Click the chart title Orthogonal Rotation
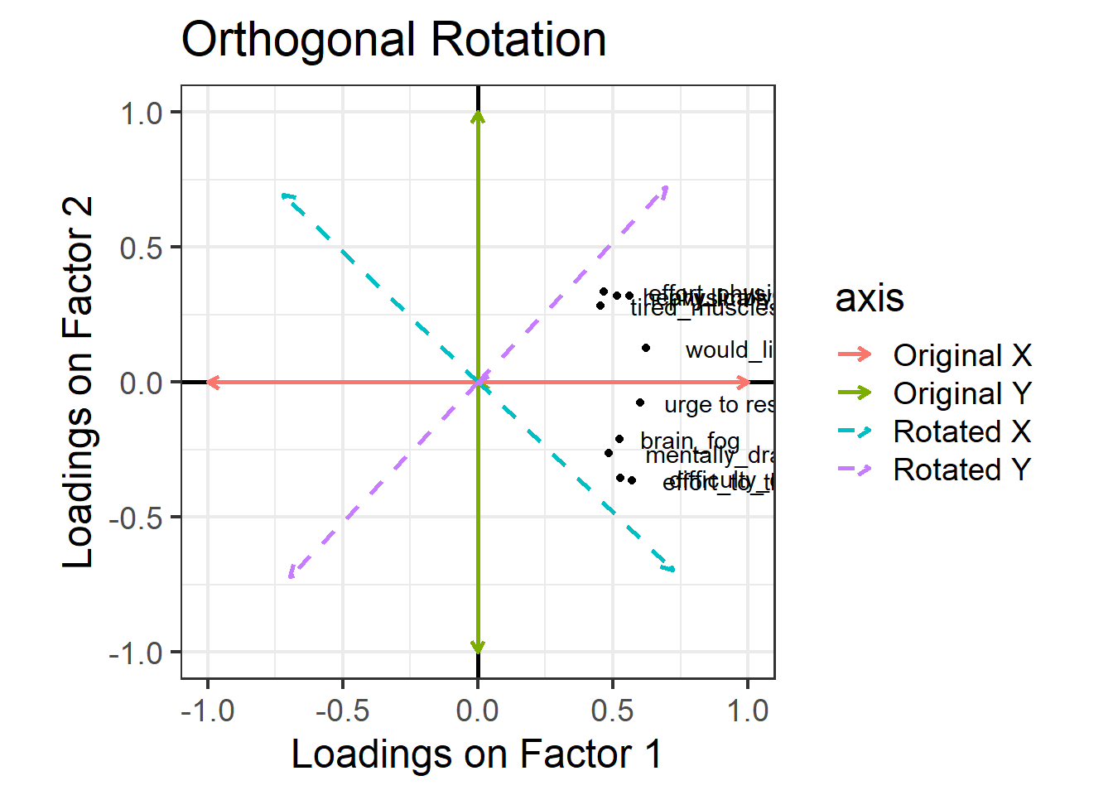393,40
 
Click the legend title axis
870,298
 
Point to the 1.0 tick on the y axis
142,113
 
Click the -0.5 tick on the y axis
137,518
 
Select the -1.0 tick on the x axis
207,711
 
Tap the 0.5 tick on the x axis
613,711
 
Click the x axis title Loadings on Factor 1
476,754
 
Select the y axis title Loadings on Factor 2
79,383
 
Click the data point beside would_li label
646,349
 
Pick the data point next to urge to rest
640,403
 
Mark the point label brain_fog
690,440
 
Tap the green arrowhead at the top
478,116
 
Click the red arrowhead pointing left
212,382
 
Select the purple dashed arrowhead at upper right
664,191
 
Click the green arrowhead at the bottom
478,648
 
